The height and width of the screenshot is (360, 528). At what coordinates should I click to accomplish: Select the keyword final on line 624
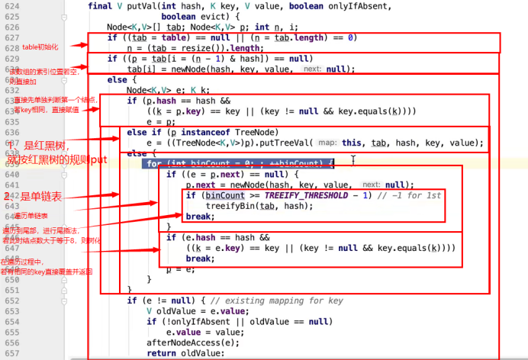click(x=101, y=7)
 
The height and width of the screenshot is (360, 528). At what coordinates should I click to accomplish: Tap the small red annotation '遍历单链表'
click(x=35, y=216)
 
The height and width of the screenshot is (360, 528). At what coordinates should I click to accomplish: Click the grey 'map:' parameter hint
click(x=327, y=143)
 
